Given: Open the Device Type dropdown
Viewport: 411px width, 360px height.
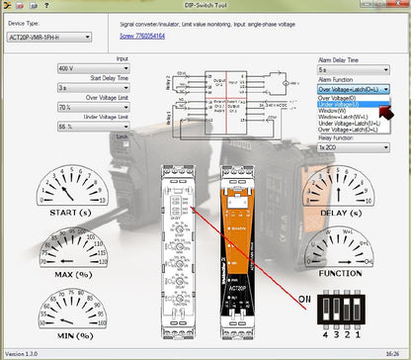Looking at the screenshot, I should [x=47, y=37].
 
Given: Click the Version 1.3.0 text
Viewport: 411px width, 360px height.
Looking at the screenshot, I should [x=25, y=353].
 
